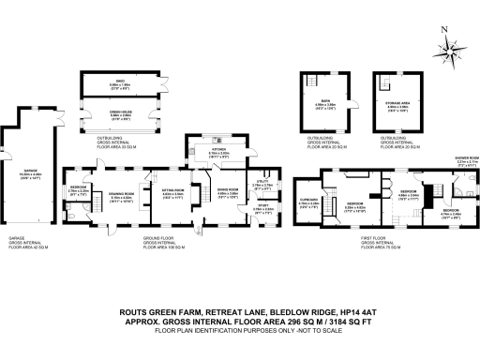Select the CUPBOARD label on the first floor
(x=310, y=200)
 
